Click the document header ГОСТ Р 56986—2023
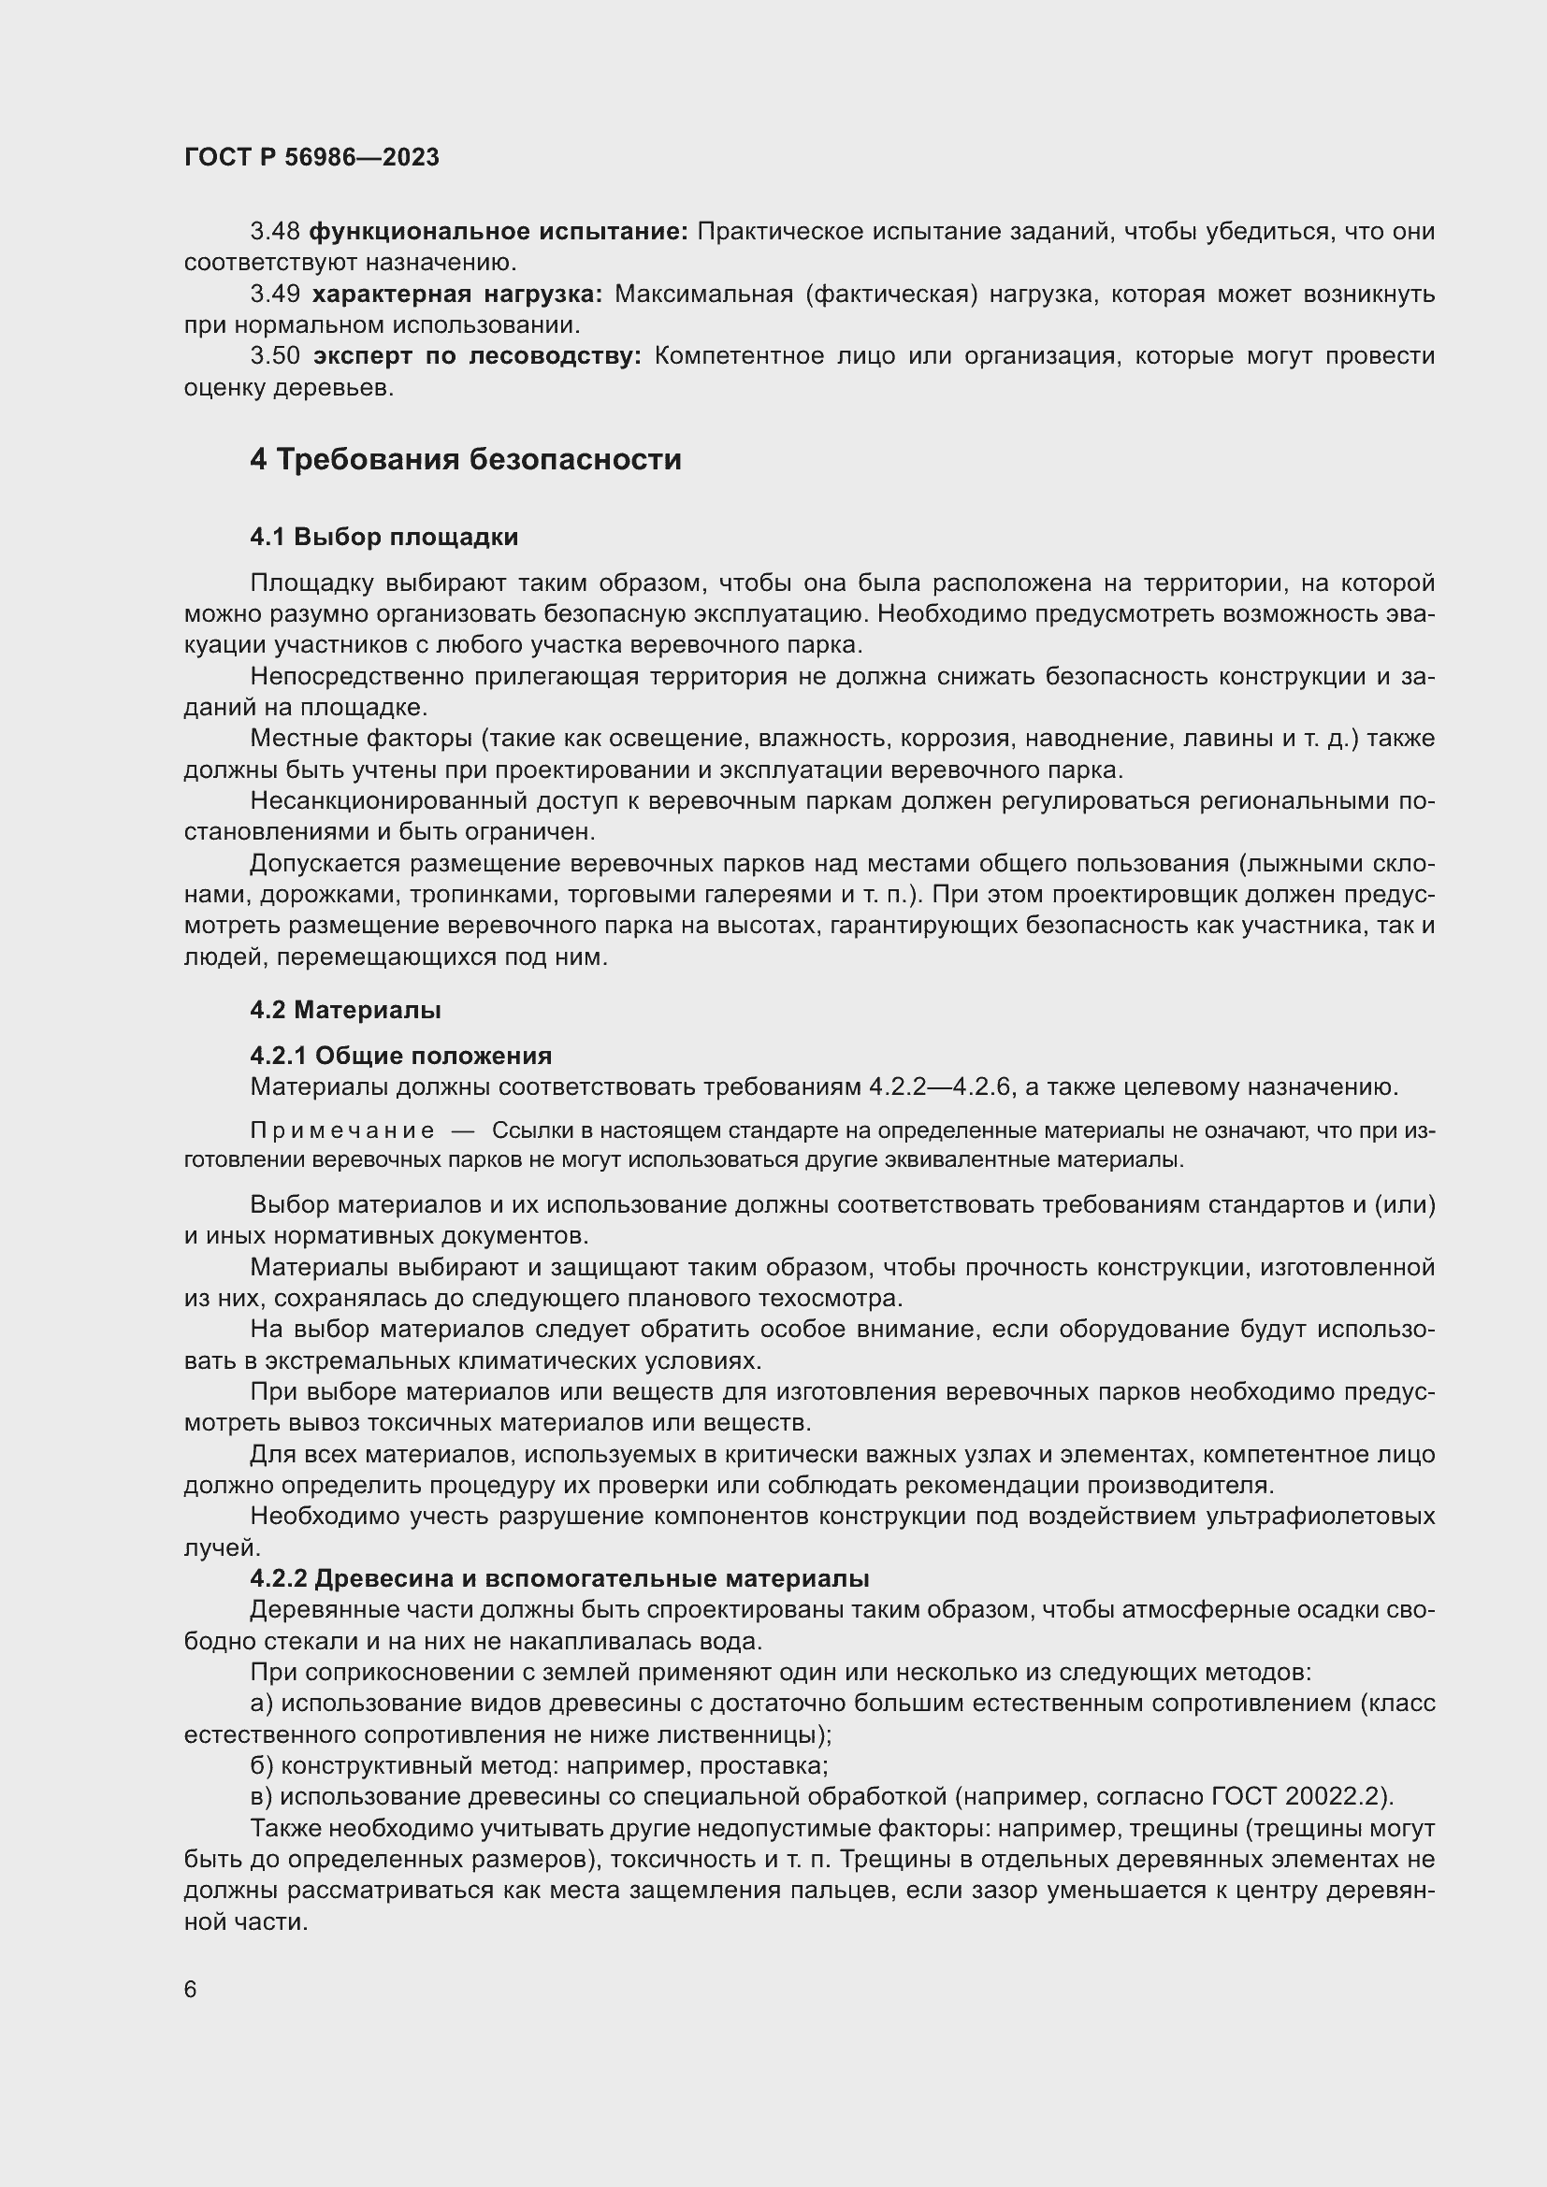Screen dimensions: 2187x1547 pyautogui.click(x=311, y=157)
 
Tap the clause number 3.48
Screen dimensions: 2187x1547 pyautogui.click(x=275, y=232)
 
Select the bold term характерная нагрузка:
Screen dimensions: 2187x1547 pyautogui.click(x=457, y=295)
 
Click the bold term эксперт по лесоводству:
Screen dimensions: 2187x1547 pyautogui.click(x=477, y=356)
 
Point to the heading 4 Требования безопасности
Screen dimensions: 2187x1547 pyautogui.click(x=465, y=460)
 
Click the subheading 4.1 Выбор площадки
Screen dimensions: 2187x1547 pyautogui.click(x=383, y=538)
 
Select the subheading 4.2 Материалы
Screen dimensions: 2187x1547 pyautogui.click(x=345, y=1010)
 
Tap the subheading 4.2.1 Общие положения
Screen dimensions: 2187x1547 pyautogui.click(x=400, y=1056)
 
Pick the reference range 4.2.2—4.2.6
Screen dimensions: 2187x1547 pyautogui.click(x=940, y=1086)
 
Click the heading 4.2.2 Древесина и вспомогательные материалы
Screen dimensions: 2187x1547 pyautogui.click(x=559, y=1579)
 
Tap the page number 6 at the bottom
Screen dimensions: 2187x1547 pyautogui.click(x=191, y=1990)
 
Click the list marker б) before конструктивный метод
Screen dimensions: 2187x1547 pyautogui.click(x=262, y=1766)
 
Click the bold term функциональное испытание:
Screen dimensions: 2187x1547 pyautogui.click(x=499, y=232)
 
